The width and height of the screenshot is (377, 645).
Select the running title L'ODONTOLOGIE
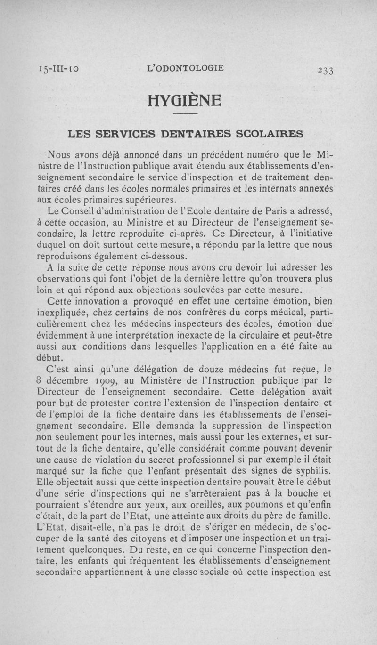(186, 68)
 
